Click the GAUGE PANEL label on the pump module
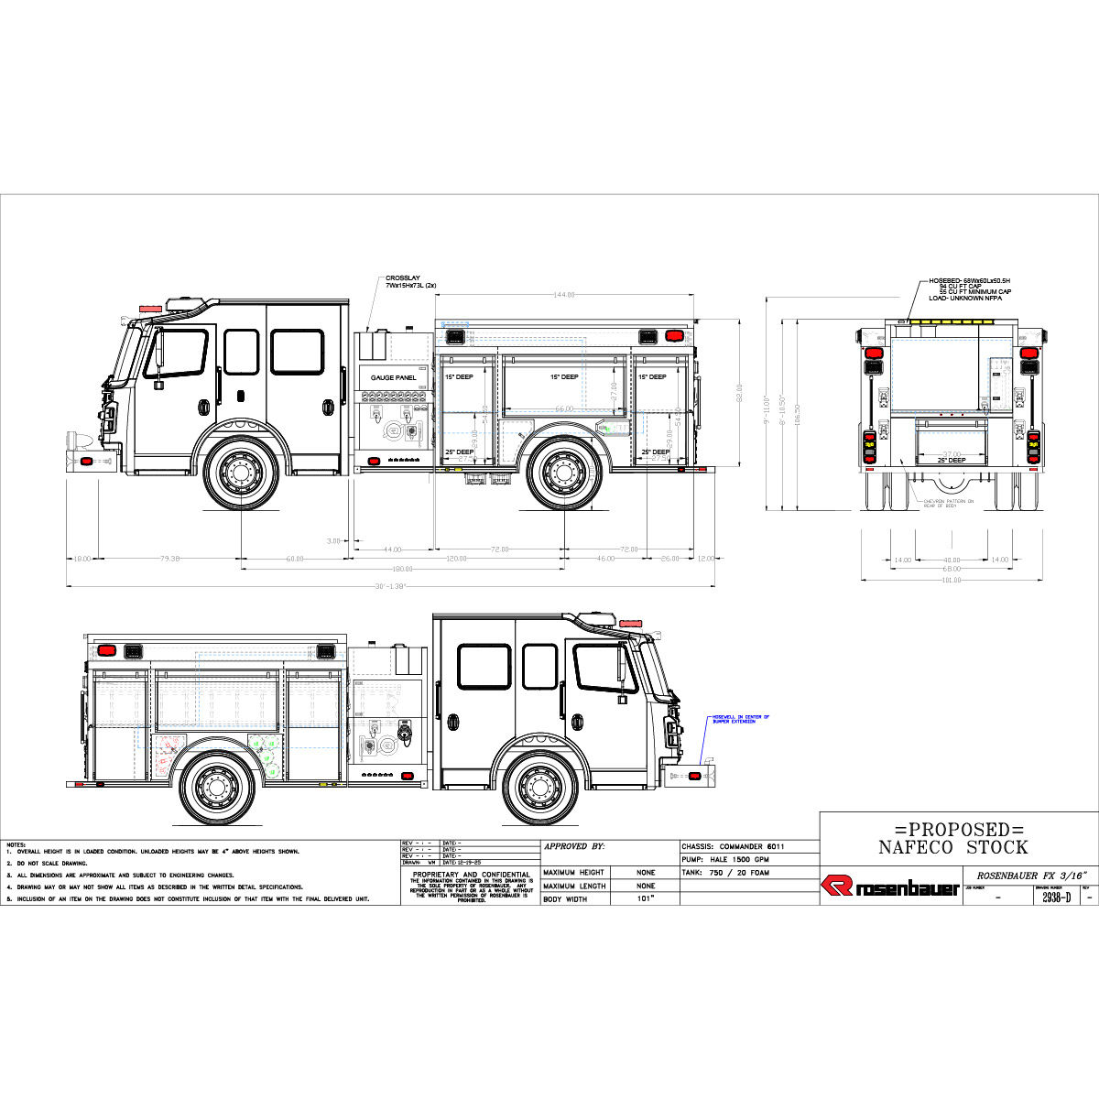click(x=393, y=377)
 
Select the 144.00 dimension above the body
click(x=563, y=295)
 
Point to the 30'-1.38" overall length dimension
click(x=390, y=586)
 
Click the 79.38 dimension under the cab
click(x=169, y=559)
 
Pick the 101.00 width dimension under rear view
click(x=952, y=580)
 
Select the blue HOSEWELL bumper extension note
click(x=740, y=719)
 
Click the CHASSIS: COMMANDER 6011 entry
click(x=733, y=847)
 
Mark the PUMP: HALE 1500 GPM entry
click(x=725, y=860)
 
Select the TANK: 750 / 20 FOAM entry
click(x=725, y=873)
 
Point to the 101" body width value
click(x=646, y=899)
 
